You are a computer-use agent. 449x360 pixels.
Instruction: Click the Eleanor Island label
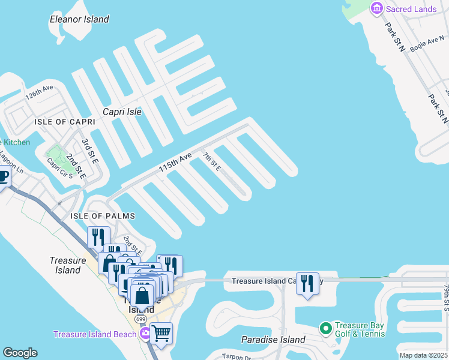pyautogui.click(x=79, y=19)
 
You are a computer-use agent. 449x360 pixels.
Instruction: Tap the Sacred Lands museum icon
pyautogui.click(x=377, y=8)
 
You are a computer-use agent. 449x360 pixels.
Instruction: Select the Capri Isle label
pyautogui.click(x=122, y=112)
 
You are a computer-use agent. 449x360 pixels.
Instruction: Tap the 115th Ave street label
pyautogui.click(x=175, y=163)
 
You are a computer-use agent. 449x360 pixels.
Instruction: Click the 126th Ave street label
pyautogui.click(x=40, y=95)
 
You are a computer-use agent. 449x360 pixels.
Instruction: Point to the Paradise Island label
pyautogui.click(x=273, y=340)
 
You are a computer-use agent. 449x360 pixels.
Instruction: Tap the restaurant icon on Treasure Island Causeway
pyautogui.click(x=307, y=283)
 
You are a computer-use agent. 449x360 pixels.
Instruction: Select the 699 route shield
pyautogui.click(x=140, y=319)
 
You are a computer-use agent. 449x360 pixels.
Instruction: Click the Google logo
pyautogui.click(x=20, y=353)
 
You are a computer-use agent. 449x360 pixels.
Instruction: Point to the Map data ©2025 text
pyautogui.click(x=423, y=355)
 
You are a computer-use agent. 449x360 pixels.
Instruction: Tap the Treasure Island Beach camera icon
pyautogui.click(x=145, y=334)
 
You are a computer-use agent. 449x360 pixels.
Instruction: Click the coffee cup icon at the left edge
pyautogui.click(x=3, y=178)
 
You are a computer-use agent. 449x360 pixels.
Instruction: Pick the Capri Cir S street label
pyautogui.click(x=59, y=170)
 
